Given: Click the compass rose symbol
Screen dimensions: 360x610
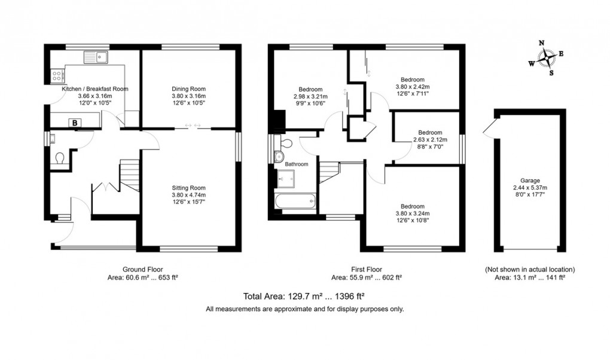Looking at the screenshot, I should (546, 58).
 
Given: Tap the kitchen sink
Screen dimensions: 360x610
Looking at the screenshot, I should (96, 57).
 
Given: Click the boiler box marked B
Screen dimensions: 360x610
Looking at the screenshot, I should (75, 123).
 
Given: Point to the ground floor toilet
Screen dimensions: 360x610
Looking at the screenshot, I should (60, 159).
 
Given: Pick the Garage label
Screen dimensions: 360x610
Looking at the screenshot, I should (529, 180).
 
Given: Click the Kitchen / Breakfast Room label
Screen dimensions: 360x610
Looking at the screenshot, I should (95, 89).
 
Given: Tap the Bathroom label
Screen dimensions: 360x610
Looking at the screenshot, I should (296, 164).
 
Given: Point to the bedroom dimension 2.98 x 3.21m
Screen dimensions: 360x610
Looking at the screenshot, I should (311, 96).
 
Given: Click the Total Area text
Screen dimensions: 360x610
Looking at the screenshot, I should (304, 296).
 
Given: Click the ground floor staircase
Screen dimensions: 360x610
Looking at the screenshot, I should (129, 175).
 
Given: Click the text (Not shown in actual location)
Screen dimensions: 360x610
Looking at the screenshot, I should (529, 269).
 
